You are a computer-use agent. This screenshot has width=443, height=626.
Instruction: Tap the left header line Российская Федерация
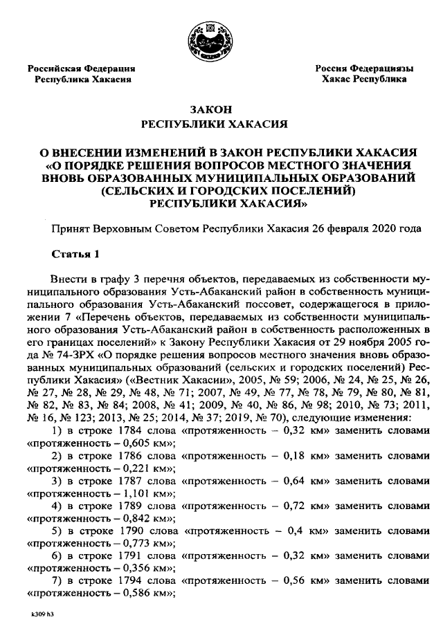[x=81, y=68]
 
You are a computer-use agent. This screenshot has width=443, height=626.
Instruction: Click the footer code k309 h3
[x=42, y=614]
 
